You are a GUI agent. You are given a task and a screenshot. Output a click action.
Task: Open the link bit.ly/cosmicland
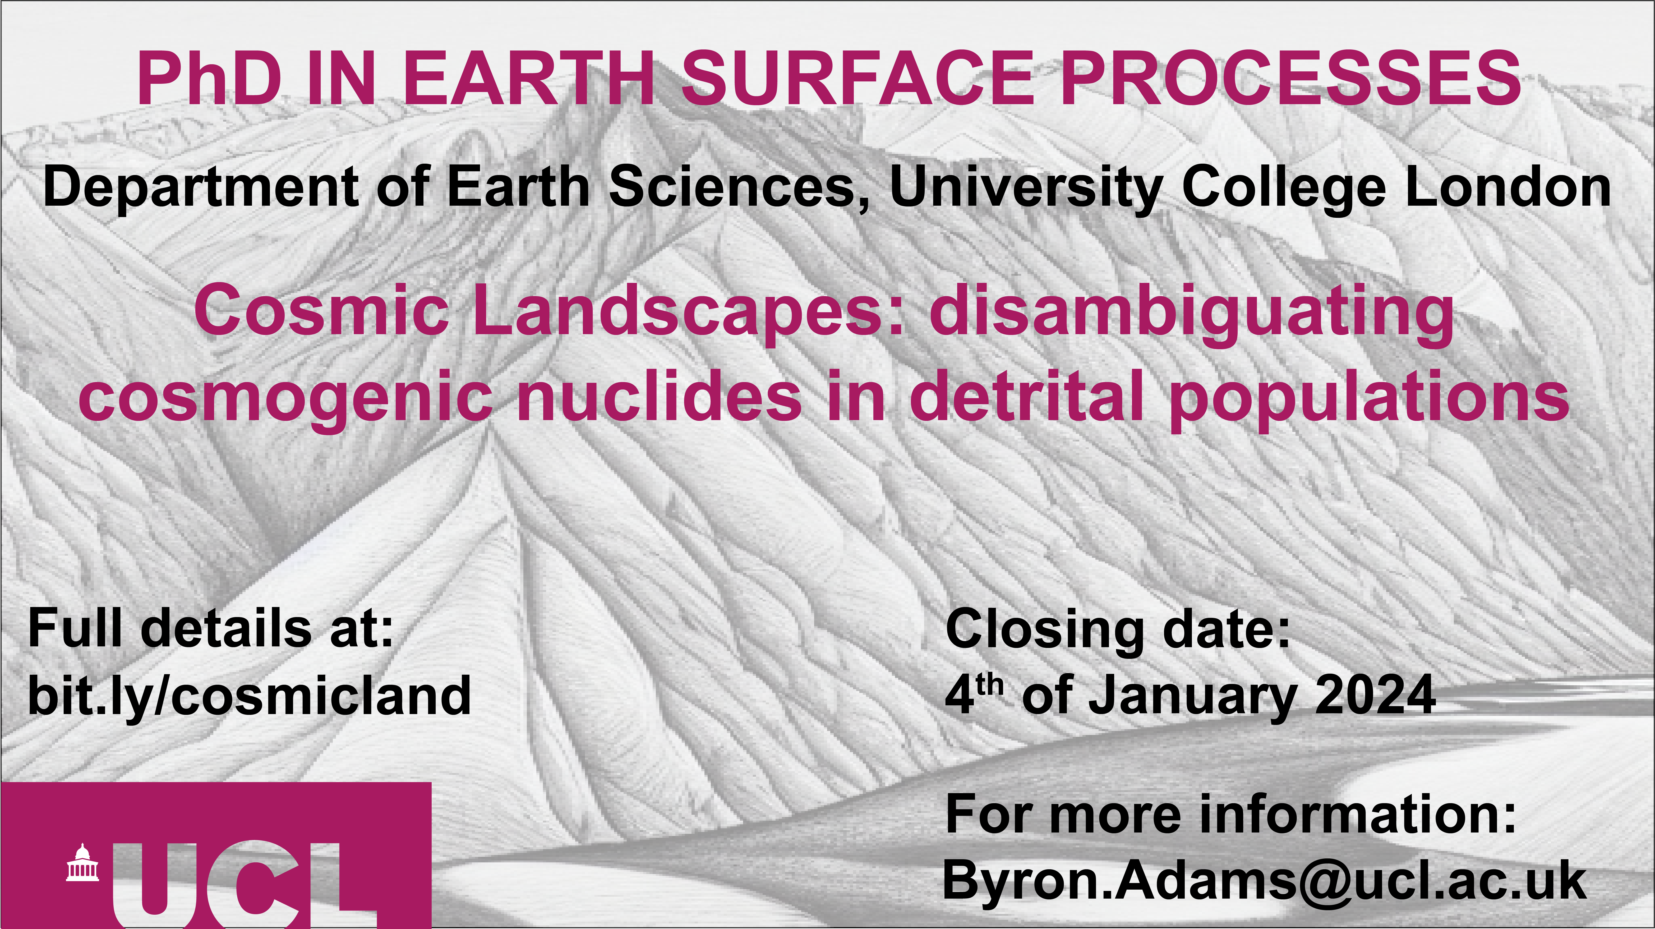(249, 695)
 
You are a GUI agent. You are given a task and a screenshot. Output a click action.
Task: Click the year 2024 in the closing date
(1375, 695)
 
